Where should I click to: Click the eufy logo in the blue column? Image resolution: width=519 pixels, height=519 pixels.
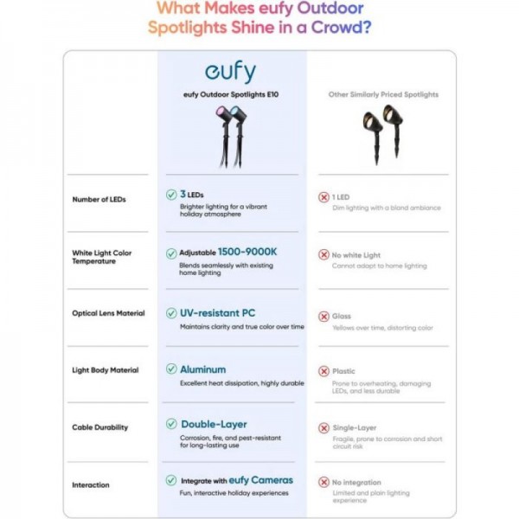(x=231, y=73)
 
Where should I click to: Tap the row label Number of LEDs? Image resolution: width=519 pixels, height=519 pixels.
(x=99, y=200)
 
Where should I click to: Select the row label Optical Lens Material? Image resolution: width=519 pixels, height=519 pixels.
(x=108, y=313)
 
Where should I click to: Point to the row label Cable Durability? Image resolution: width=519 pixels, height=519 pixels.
(x=99, y=427)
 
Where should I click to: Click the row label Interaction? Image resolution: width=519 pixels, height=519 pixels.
(x=91, y=484)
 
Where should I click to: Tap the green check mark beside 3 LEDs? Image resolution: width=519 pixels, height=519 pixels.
(x=171, y=195)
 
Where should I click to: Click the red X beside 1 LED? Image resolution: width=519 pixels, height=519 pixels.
(x=324, y=197)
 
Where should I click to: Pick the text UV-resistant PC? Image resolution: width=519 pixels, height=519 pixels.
(x=217, y=312)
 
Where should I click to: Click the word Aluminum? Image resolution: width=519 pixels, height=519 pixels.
(x=202, y=369)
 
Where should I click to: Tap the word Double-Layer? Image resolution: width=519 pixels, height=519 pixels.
(x=214, y=424)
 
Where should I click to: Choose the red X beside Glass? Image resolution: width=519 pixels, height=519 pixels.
(x=324, y=317)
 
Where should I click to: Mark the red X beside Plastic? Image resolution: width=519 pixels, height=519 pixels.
(x=324, y=371)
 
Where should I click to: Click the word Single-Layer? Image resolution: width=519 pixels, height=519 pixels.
(x=354, y=427)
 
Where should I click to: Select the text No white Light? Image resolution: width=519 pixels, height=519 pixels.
(x=356, y=255)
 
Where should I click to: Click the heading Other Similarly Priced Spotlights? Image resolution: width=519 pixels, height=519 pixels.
(x=383, y=94)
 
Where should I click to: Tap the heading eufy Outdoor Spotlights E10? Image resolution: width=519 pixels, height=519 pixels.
(x=231, y=94)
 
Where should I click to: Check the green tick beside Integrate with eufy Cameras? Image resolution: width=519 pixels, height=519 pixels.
(x=171, y=480)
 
